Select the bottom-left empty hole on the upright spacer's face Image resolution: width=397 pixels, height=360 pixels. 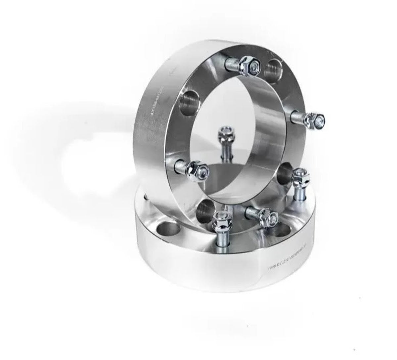click(x=204, y=211)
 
